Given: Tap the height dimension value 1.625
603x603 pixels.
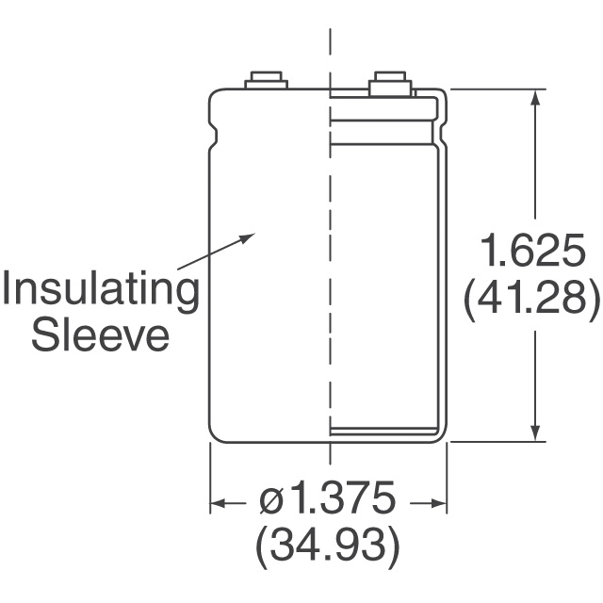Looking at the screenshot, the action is pyautogui.click(x=533, y=251).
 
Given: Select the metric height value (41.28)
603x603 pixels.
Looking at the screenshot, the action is pyautogui.click(x=531, y=298).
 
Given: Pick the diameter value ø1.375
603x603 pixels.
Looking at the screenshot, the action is pyautogui.click(x=327, y=498).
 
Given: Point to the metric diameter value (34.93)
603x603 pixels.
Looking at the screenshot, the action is pyautogui.click(x=328, y=545).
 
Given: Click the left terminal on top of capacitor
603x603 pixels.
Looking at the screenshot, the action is pyautogui.click(x=266, y=80).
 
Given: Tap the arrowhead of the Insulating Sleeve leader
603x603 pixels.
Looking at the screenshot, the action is pyautogui.click(x=248, y=236).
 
